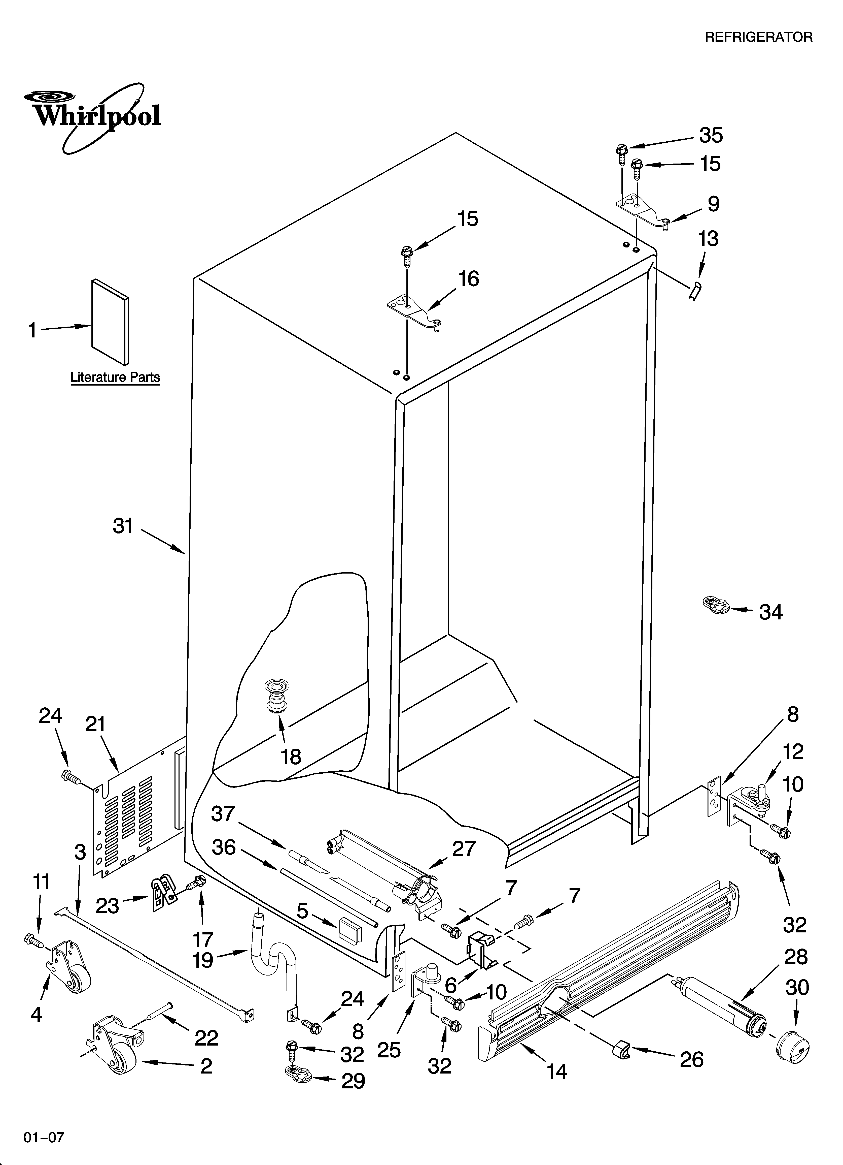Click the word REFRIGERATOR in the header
(758, 38)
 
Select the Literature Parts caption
(115, 377)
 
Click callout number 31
(123, 526)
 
